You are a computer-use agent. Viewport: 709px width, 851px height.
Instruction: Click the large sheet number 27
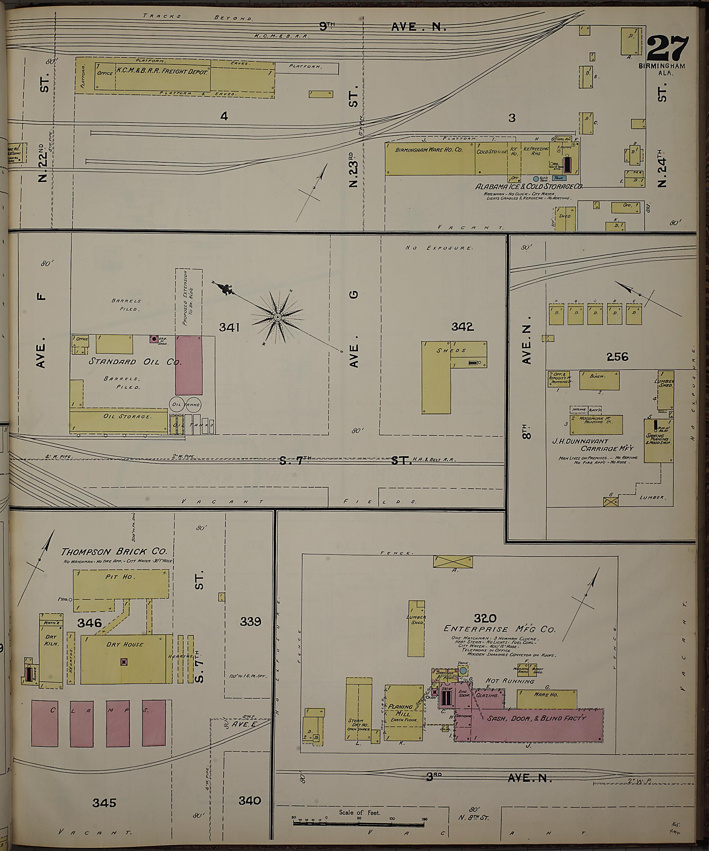pos(667,48)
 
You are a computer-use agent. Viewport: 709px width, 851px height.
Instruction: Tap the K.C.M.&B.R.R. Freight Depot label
pos(162,71)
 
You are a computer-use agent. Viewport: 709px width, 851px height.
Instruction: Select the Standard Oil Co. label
pos(135,361)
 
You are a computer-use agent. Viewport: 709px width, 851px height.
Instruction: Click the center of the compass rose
pos(278,317)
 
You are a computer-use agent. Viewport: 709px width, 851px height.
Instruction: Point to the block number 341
pos(230,327)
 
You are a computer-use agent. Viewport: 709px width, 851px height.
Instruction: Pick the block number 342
pos(463,327)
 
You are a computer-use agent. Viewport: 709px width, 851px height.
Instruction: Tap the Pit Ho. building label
pos(120,576)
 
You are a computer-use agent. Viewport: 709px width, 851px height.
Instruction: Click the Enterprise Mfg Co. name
pos(500,629)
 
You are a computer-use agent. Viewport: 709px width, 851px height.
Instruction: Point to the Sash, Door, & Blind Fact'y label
pos(536,718)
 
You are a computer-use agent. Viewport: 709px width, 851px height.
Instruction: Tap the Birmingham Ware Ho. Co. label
pos(429,150)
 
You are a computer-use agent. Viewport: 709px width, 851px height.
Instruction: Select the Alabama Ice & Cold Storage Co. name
pos(529,187)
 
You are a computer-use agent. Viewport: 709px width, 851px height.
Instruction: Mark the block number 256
pos(617,356)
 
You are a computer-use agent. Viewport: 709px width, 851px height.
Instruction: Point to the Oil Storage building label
pos(127,416)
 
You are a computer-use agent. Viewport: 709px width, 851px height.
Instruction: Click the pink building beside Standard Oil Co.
pos(188,365)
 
